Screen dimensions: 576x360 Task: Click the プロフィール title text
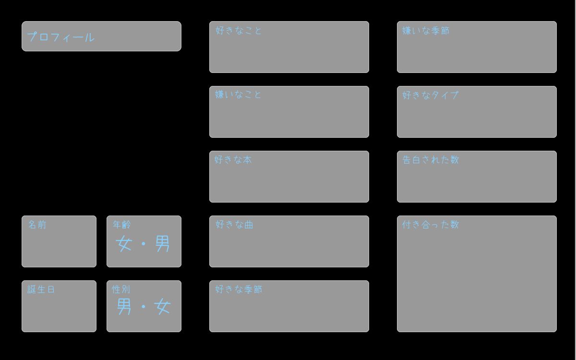pyautogui.click(x=60, y=37)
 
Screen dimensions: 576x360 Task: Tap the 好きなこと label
pyautogui.click(x=239, y=31)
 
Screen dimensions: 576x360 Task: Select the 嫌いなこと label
pyautogui.click(x=238, y=95)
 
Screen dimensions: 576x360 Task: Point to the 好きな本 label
pyautogui.click(x=233, y=160)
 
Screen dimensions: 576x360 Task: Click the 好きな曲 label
pyautogui.click(x=234, y=225)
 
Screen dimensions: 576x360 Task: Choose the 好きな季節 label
pyautogui.click(x=239, y=289)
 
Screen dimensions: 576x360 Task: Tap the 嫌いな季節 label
pyautogui.click(x=426, y=31)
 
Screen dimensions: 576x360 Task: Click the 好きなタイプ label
pyautogui.click(x=430, y=95)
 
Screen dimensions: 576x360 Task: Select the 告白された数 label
pyautogui.click(x=431, y=160)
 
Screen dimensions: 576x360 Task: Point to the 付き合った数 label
pyautogui.click(x=431, y=225)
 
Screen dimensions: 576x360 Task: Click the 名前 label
pyautogui.click(x=37, y=225)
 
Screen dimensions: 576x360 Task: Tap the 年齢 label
pyautogui.click(x=122, y=225)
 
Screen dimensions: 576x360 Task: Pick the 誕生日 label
pyautogui.click(x=41, y=289)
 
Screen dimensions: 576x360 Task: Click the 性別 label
pyautogui.click(x=121, y=289)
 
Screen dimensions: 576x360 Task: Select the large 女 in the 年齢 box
pyautogui.click(x=124, y=243)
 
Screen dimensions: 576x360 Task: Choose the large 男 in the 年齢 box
pyautogui.click(x=163, y=243)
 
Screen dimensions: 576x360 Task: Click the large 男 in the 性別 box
pyautogui.click(x=124, y=307)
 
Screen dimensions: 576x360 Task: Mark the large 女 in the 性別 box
pyautogui.click(x=162, y=307)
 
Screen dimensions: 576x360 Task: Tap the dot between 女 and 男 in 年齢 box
pyautogui.click(x=144, y=243)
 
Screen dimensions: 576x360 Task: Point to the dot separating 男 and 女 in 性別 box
pyautogui.click(x=144, y=307)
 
